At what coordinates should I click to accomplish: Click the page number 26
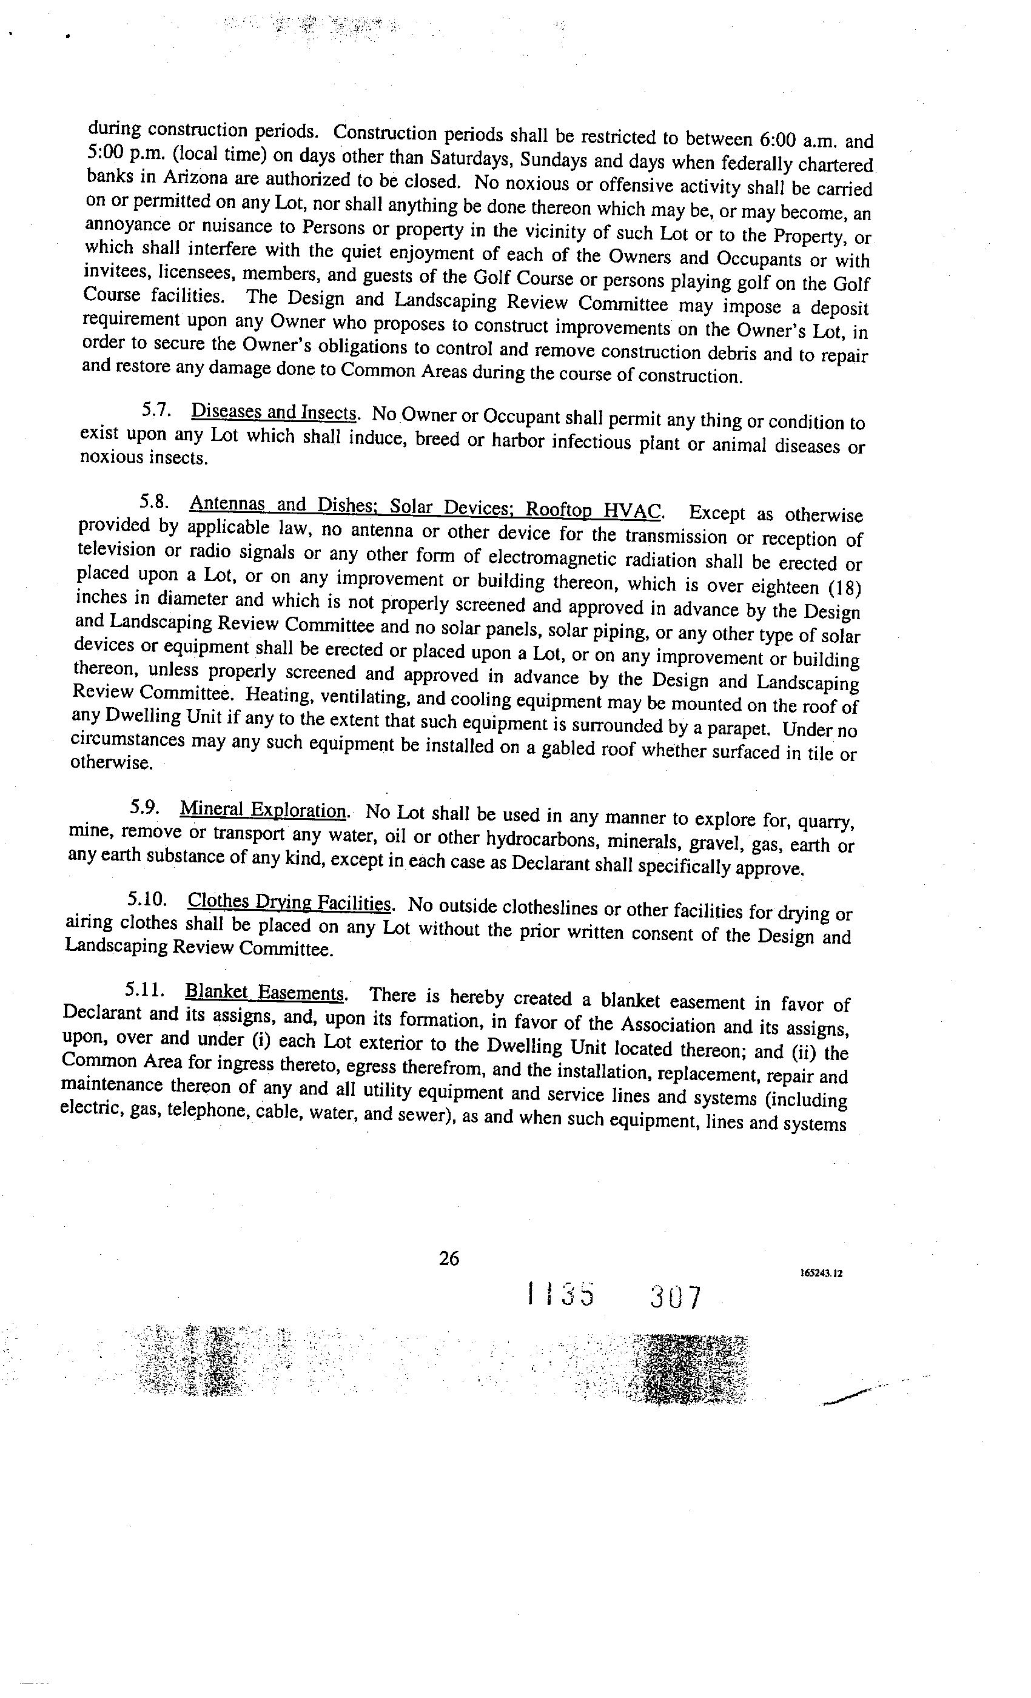[449, 1258]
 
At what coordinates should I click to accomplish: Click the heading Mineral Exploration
[263, 809]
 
